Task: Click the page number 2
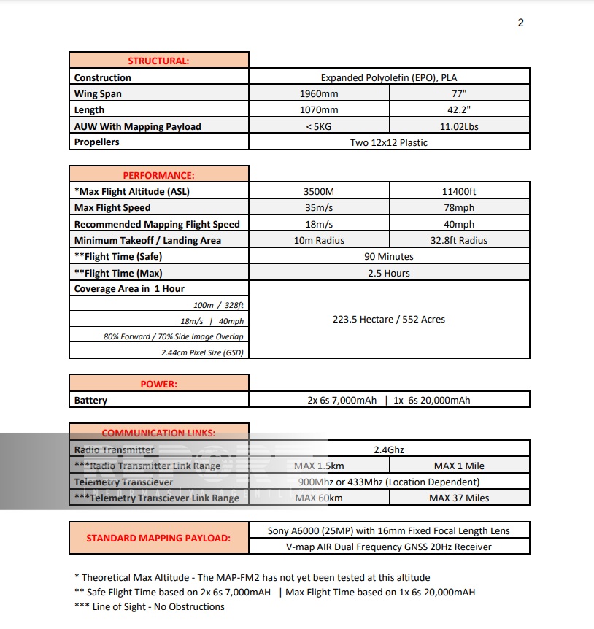coord(520,23)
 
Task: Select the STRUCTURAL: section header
coord(158,61)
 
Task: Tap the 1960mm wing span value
coord(319,93)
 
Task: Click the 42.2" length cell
coord(460,109)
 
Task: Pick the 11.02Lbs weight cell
coord(460,126)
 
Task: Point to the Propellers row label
coord(97,142)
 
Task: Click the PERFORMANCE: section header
coord(158,175)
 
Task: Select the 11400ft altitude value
coord(460,192)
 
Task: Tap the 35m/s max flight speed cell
coord(319,208)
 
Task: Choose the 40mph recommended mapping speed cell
coord(460,224)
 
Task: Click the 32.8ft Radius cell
coord(460,240)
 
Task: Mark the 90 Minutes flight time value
coord(389,257)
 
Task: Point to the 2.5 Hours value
coord(389,273)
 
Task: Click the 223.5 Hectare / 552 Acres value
coord(389,319)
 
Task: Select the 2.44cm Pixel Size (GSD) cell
coord(203,352)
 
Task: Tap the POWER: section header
coord(158,384)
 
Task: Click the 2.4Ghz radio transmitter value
coord(389,449)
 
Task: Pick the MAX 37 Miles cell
coord(460,498)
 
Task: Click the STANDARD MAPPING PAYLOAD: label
coord(158,538)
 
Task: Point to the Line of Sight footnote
coord(150,606)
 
